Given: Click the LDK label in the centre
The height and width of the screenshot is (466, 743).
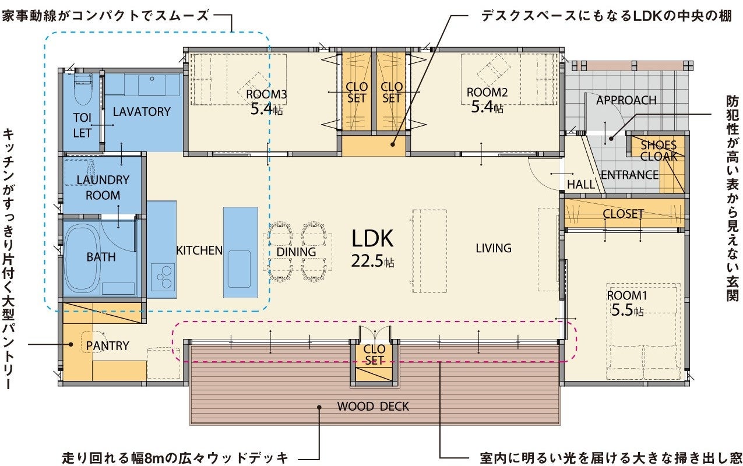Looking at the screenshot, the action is click(x=372, y=238).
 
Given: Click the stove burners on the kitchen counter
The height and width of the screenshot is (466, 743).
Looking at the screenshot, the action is click(x=163, y=276).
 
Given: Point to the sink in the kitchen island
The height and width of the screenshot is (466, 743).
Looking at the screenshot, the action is click(x=239, y=269).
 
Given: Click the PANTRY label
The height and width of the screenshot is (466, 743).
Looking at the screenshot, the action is click(x=107, y=346).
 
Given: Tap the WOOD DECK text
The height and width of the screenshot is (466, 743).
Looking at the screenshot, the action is click(x=373, y=406).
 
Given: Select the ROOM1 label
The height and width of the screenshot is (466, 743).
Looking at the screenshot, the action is click(x=627, y=296).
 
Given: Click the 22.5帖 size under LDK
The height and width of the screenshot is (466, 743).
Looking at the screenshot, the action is click(x=372, y=262).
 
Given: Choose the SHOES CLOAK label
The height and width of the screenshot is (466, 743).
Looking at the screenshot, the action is click(x=659, y=150).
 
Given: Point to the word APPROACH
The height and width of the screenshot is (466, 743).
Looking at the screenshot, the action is click(x=626, y=100).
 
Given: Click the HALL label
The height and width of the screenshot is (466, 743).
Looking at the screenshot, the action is click(x=581, y=185).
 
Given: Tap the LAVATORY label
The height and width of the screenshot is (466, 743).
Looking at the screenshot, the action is click(x=141, y=111).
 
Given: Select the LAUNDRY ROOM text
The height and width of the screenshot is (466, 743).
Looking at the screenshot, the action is click(x=103, y=188).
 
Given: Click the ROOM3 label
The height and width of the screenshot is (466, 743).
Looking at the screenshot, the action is click(x=266, y=94).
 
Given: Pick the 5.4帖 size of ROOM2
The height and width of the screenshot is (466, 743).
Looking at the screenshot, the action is click(x=487, y=107).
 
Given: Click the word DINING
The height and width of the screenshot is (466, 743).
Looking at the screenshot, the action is click(x=296, y=252).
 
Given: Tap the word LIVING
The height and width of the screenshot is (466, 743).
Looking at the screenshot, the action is click(x=493, y=248).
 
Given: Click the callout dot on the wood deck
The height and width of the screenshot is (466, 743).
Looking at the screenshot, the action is click(x=319, y=408).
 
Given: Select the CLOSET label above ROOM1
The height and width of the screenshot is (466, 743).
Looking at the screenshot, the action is click(x=623, y=214).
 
